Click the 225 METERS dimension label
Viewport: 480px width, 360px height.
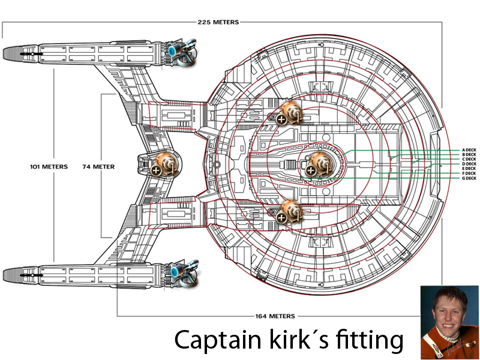pyautogui.click(x=218, y=22)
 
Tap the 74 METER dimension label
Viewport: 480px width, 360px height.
pyautogui.click(x=98, y=166)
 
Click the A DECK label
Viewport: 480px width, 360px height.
pyautogui.click(x=469, y=150)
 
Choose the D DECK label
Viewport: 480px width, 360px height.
pyautogui.click(x=469, y=164)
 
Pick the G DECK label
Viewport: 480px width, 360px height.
pyautogui.click(x=469, y=178)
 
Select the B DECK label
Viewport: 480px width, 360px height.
pyautogui.click(x=469, y=155)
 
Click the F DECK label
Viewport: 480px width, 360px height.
pyautogui.click(x=469, y=173)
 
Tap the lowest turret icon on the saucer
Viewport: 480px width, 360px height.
pyautogui.click(x=290, y=211)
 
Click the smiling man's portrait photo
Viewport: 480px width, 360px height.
pyautogui.click(x=449, y=322)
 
